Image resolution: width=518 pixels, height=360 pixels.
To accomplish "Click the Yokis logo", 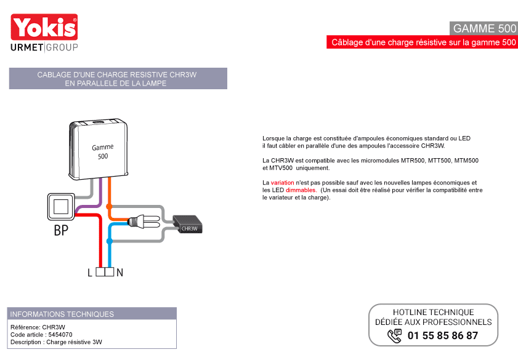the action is [x=44, y=27].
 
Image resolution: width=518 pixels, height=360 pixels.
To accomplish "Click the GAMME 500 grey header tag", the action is [x=484, y=28].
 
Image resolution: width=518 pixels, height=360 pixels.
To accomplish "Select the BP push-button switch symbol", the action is [x=61, y=207].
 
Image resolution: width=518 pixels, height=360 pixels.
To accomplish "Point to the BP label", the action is [x=61, y=230].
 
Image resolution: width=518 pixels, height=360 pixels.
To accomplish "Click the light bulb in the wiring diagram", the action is [x=144, y=221].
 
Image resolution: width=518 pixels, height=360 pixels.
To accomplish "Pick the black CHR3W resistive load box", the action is [x=187, y=225].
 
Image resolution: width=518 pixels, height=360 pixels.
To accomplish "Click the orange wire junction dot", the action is [x=109, y=207].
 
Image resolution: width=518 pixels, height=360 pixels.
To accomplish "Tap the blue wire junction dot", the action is [x=110, y=241].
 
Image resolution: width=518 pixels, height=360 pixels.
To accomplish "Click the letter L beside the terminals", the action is [x=90, y=273].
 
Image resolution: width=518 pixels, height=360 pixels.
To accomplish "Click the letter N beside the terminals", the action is [x=119, y=273].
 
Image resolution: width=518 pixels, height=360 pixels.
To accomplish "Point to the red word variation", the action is [x=283, y=183].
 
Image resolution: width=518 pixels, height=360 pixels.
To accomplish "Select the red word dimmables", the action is [x=301, y=190].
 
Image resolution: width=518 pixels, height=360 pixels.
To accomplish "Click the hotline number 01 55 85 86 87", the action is [x=443, y=335].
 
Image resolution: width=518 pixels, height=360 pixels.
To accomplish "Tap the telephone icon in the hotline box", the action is [x=394, y=336].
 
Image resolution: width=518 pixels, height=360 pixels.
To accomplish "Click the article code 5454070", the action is [x=60, y=335].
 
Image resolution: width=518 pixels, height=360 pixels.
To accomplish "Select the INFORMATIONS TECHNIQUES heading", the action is [x=62, y=314].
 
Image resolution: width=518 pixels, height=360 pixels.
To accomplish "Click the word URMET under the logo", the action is [x=26, y=47].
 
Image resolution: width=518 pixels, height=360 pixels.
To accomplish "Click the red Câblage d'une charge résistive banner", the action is [x=422, y=42].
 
